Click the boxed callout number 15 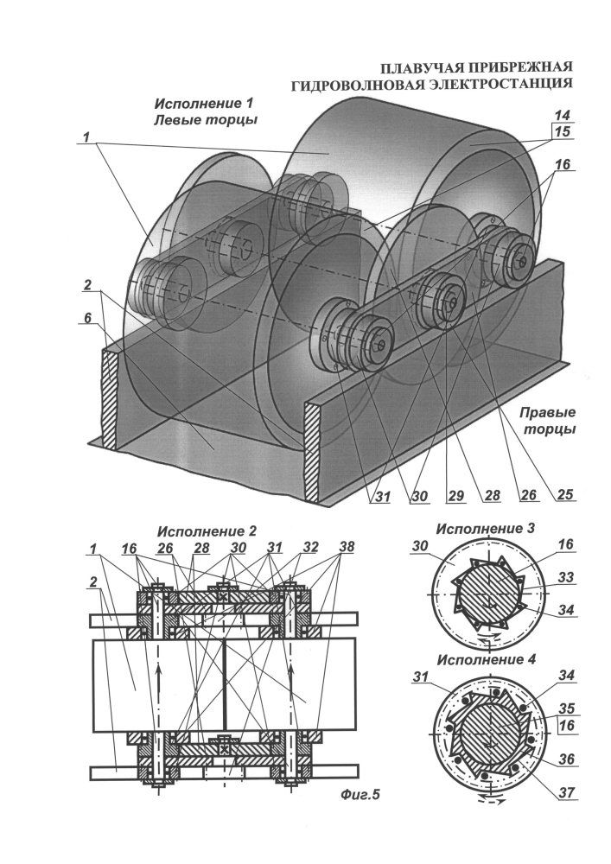click(x=563, y=132)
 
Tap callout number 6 click(x=90, y=318)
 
